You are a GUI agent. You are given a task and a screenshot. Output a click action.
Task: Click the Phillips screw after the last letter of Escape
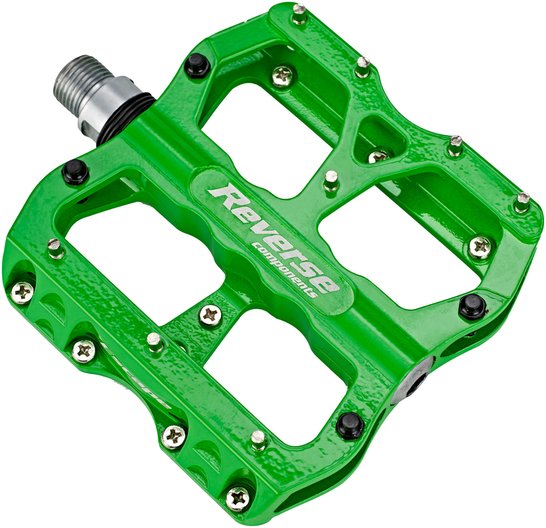point(174,436)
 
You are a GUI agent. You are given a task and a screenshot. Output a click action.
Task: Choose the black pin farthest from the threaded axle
point(472,305)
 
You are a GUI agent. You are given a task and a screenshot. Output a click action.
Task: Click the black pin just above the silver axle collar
point(198,66)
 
